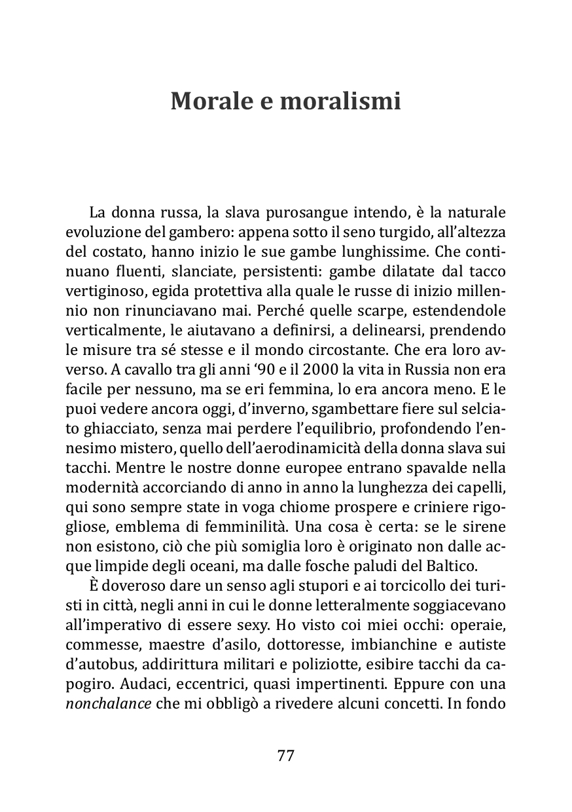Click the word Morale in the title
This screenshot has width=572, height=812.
point(210,102)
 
